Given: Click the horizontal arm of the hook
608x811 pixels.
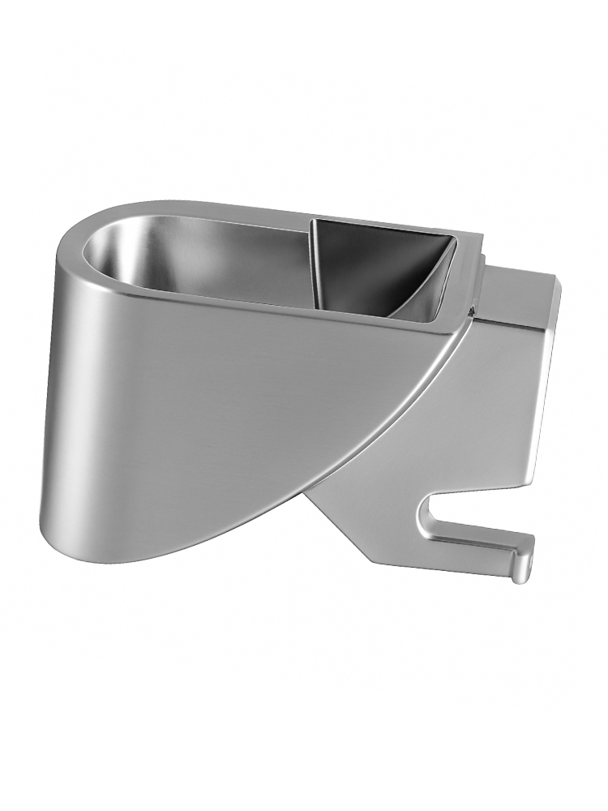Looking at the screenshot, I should point(478,545).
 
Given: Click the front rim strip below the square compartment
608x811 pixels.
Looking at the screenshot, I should point(381,320).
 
